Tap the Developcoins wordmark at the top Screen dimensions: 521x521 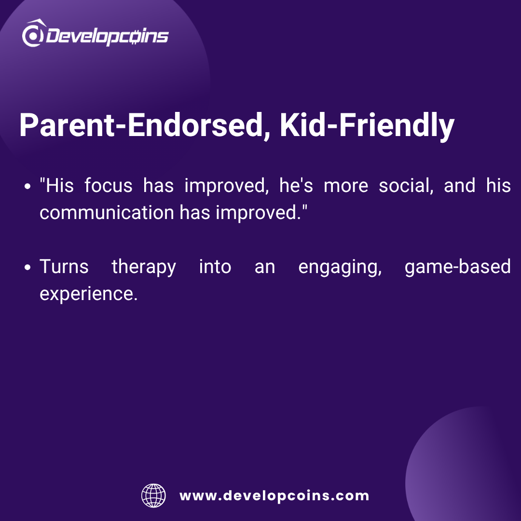coord(107,36)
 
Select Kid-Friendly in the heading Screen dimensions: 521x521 coord(367,126)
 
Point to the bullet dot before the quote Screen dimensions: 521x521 coord(27,186)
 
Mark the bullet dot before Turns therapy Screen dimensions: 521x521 coord(27,267)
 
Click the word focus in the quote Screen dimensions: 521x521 coord(109,185)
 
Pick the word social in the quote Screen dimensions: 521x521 coord(406,185)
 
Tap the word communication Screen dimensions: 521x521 coord(107,212)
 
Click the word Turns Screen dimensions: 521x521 coord(64,267)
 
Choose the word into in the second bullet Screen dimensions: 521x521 coord(215,267)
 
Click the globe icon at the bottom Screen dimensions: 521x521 coord(153,495)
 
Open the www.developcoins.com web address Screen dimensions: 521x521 coord(274,496)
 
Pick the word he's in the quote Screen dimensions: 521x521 coord(296,185)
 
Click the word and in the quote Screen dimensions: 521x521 coord(460,185)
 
